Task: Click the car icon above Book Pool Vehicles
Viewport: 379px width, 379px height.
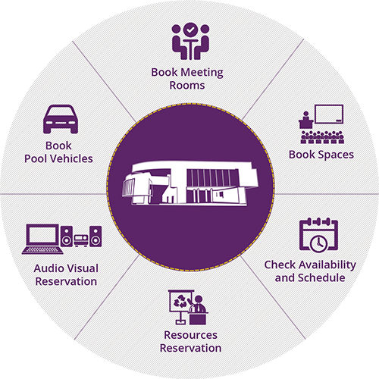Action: [61, 119]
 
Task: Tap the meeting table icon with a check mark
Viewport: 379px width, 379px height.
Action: [190, 42]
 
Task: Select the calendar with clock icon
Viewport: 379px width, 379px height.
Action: [318, 235]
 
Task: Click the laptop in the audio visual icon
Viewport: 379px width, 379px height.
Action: [42, 239]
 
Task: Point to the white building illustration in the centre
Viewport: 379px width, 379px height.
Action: [190, 183]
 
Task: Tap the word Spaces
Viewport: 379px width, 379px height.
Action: [336, 155]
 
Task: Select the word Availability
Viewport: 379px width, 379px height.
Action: [327, 265]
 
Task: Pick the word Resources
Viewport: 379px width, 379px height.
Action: [190, 335]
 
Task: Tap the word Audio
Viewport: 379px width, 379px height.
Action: [49, 268]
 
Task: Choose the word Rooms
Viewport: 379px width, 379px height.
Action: [187, 86]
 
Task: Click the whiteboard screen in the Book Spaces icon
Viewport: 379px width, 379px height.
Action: [329, 114]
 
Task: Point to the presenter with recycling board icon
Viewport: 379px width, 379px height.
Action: [188, 307]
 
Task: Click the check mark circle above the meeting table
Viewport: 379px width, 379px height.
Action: [190, 30]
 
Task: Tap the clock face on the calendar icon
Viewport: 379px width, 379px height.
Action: [318, 243]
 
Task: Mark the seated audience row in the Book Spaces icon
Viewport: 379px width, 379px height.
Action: [322, 137]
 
